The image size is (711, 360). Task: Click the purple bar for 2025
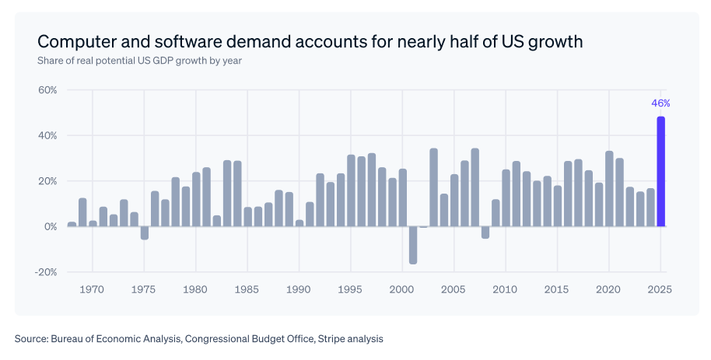[x=661, y=172]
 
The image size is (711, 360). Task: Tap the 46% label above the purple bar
[x=660, y=103]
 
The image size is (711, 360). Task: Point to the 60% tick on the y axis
[x=47, y=90]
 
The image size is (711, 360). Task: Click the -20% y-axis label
[x=46, y=272]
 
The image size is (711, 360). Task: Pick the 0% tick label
[x=51, y=226]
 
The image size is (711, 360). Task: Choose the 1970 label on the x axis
[x=92, y=289]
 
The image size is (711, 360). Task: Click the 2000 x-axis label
[x=402, y=289]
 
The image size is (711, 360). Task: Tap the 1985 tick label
[x=247, y=289]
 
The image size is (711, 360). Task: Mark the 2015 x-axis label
[x=557, y=289]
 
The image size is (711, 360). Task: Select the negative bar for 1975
[x=144, y=232]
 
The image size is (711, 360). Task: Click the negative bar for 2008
[x=485, y=232]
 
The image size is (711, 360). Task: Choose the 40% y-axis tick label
[x=47, y=135]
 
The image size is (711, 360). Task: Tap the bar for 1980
[x=196, y=199]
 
